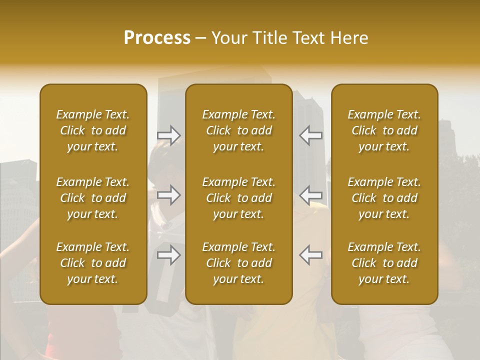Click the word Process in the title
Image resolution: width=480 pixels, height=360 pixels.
point(157,38)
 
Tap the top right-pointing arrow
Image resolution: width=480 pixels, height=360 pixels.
point(169,135)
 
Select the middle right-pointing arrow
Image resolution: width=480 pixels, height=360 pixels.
point(169,195)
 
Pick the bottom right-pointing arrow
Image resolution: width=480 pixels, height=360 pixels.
point(169,255)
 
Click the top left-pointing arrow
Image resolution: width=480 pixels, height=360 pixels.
point(310,135)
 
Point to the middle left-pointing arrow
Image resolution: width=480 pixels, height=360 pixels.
point(310,195)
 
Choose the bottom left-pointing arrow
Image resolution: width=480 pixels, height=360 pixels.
point(310,255)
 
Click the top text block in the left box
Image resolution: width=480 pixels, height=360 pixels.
point(93,130)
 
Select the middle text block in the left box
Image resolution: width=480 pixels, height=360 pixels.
point(93,198)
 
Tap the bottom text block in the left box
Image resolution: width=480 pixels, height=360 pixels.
point(93,263)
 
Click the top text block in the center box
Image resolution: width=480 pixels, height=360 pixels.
point(238,130)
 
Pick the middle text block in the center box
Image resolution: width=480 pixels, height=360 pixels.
point(238,198)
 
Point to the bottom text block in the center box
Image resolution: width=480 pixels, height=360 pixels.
point(238,263)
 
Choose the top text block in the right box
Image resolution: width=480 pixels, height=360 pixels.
point(384,130)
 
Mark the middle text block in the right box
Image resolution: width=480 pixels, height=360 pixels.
point(384,198)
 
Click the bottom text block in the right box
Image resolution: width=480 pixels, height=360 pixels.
point(384,263)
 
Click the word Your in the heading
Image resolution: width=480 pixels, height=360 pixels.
point(230,38)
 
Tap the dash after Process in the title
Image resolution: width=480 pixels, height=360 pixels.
point(200,38)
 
